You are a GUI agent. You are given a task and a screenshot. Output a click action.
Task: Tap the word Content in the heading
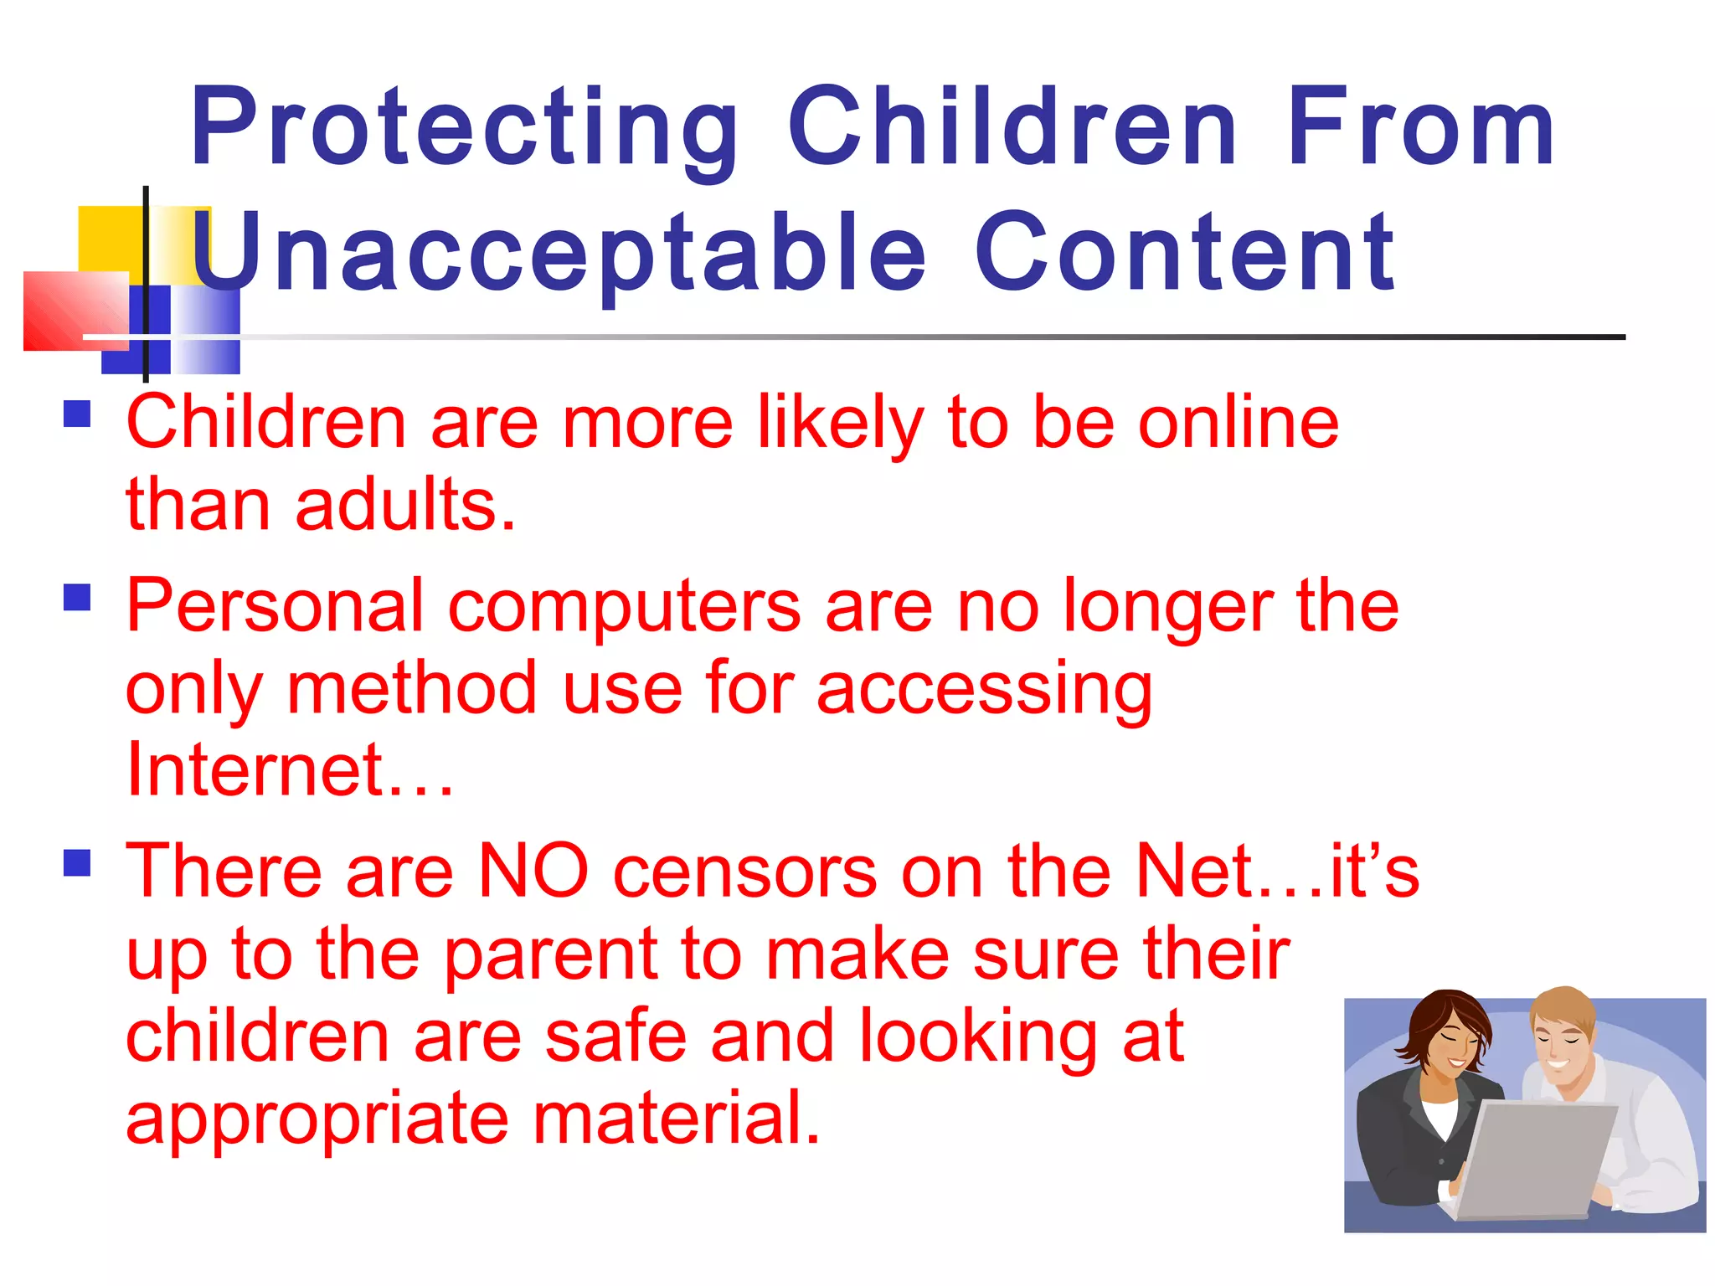[1185, 253]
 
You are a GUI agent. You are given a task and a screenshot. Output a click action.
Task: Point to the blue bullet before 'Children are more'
[77, 414]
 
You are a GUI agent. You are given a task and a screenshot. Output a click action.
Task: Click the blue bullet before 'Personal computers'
[77, 598]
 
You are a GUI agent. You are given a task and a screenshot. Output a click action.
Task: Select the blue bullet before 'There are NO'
[77, 863]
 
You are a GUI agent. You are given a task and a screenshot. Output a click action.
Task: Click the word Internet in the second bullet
[255, 769]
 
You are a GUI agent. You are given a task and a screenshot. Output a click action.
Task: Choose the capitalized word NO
[533, 872]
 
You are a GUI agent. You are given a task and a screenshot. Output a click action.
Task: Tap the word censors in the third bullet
[745, 872]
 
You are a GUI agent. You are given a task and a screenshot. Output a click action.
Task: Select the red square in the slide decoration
[75, 310]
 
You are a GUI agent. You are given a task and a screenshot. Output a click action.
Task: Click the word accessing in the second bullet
[984, 688]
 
